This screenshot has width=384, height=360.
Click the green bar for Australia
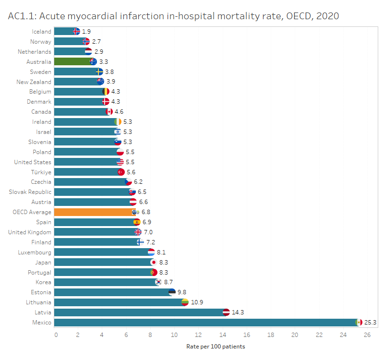point(72,61)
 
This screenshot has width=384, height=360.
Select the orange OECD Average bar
point(94,212)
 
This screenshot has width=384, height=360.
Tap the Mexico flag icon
point(358,322)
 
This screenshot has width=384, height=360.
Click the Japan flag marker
point(154,262)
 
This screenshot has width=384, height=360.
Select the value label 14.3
point(238,312)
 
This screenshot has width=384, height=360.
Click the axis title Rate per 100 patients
point(215,346)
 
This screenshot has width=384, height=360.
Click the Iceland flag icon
point(76,31)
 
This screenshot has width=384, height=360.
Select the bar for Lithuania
point(118,302)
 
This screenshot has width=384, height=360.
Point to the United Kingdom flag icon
point(138,232)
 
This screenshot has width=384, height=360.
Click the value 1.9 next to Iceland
point(86,31)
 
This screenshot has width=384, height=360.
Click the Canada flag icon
point(109,112)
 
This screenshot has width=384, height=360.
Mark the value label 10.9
point(197,302)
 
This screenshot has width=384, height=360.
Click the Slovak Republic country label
point(30,192)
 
